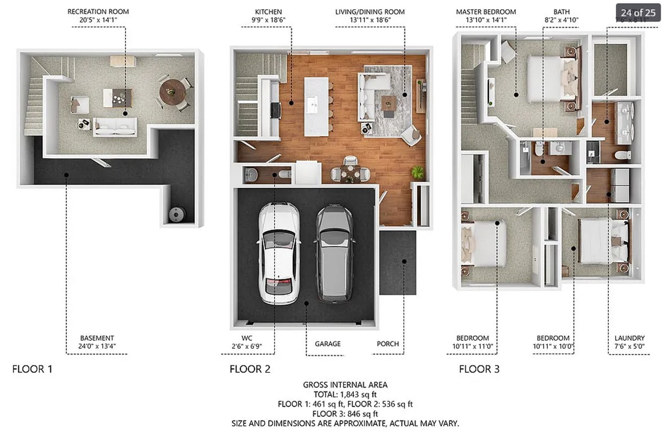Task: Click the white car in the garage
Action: pyautogui.click(x=278, y=253)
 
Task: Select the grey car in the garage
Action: pyautogui.click(x=334, y=253)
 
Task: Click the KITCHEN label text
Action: pyautogui.click(x=268, y=12)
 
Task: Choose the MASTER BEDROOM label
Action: pyautogui.click(x=486, y=12)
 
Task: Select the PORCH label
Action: pyautogui.click(x=387, y=344)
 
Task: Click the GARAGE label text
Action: pyautogui.click(x=327, y=344)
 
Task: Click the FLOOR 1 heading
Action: pyautogui.click(x=32, y=369)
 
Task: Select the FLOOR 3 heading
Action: pyautogui.click(x=479, y=369)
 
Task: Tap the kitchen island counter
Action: pyautogui.click(x=316, y=106)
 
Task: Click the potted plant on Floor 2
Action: pyautogui.click(x=417, y=172)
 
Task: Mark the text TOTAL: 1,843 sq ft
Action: pyautogui.click(x=345, y=394)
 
